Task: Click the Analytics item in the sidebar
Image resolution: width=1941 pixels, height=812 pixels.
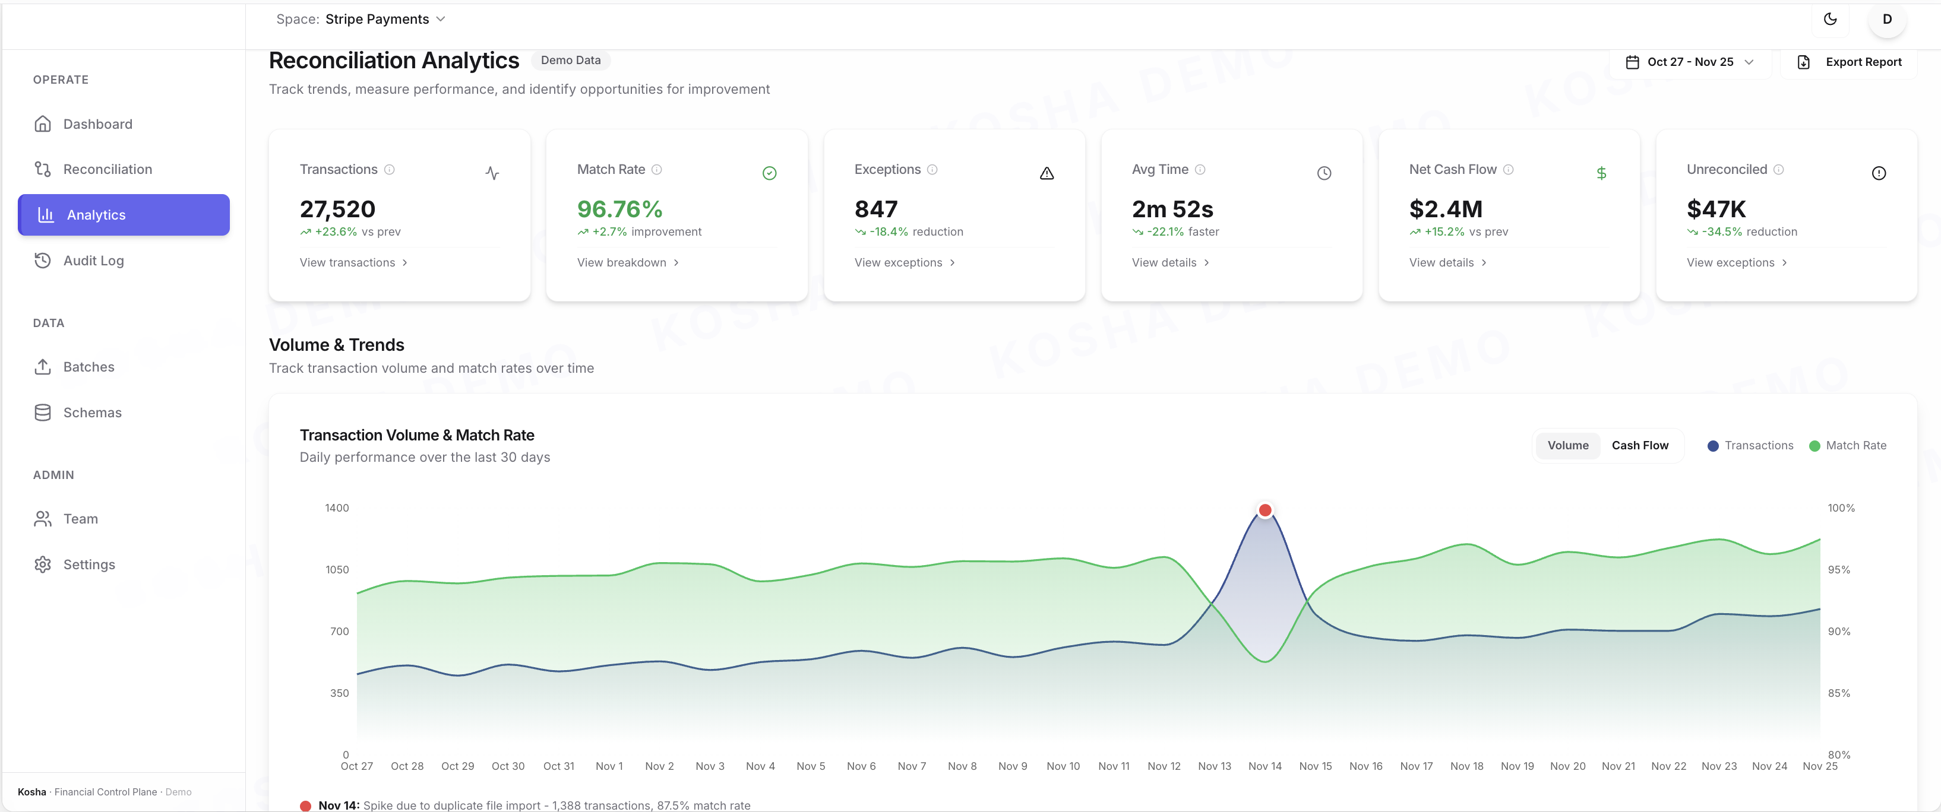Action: pos(123,215)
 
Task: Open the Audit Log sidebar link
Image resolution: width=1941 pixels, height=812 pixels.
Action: pos(93,261)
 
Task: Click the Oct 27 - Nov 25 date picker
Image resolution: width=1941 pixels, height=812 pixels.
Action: pos(1689,62)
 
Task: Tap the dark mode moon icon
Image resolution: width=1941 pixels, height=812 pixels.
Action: pos(1829,20)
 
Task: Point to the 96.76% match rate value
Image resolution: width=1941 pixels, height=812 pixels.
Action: pos(619,209)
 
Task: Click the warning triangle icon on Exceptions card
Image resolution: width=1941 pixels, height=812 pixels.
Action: pos(1047,173)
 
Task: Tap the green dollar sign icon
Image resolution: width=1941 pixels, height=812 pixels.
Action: pos(1601,173)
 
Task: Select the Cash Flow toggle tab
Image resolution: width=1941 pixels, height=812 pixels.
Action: pos(1640,445)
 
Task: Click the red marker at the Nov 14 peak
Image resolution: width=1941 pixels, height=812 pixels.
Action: pos(1265,510)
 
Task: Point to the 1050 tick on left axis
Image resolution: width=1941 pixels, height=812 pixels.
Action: pos(337,569)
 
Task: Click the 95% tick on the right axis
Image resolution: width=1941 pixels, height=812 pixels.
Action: pos(1838,569)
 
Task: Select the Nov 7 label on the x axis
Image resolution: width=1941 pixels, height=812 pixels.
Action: pos(912,766)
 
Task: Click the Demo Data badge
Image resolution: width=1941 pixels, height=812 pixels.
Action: pos(570,61)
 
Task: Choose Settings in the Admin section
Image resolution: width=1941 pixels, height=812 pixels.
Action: pos(89,564)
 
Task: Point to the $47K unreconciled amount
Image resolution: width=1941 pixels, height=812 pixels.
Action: pos(1716,209)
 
